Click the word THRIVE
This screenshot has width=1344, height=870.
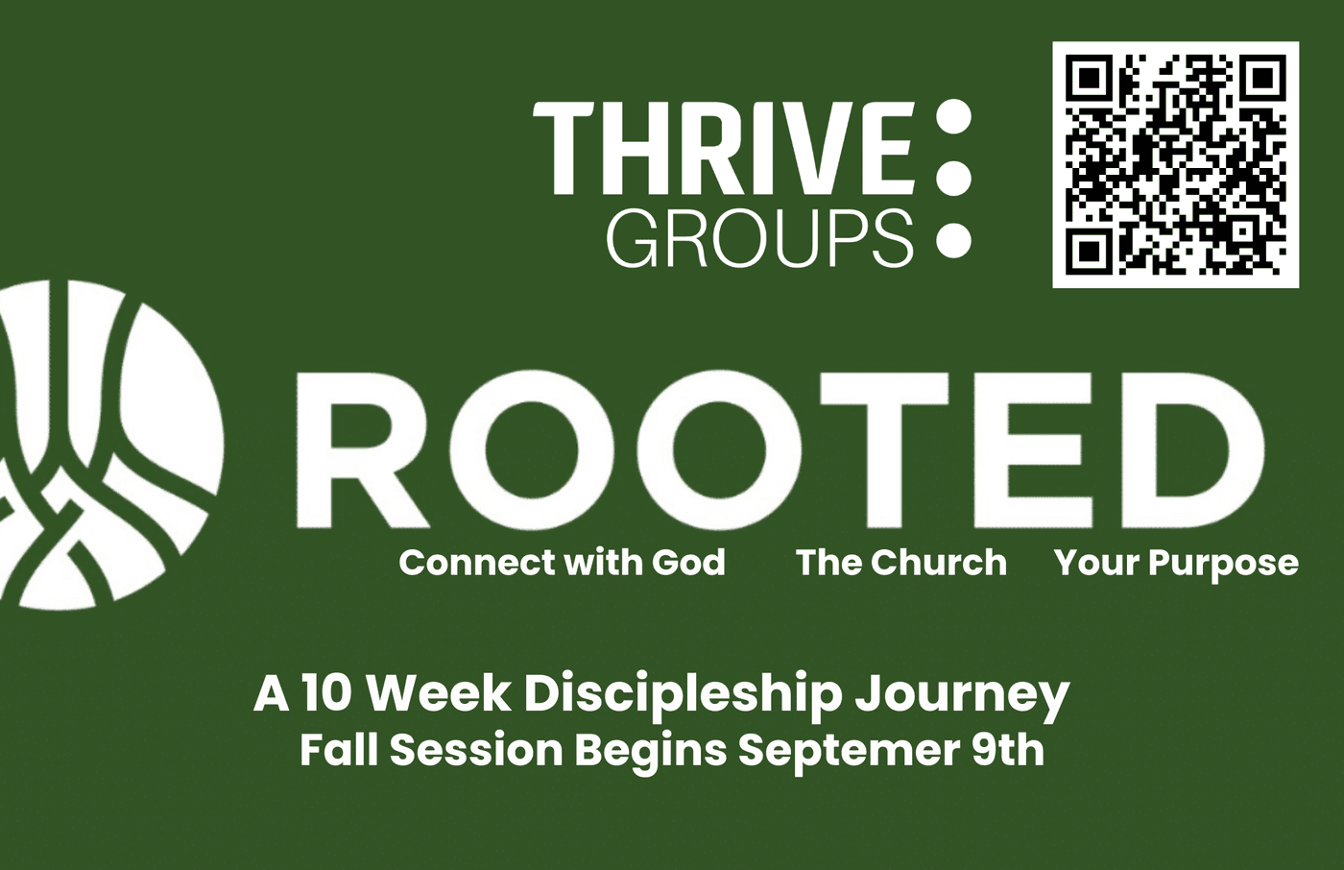724,148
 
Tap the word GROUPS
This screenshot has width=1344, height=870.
759,238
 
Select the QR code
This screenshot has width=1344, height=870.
1175,164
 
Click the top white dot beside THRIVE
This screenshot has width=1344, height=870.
953,117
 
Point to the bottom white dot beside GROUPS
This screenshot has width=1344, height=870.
953,239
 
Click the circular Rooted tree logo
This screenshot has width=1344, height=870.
111,444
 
